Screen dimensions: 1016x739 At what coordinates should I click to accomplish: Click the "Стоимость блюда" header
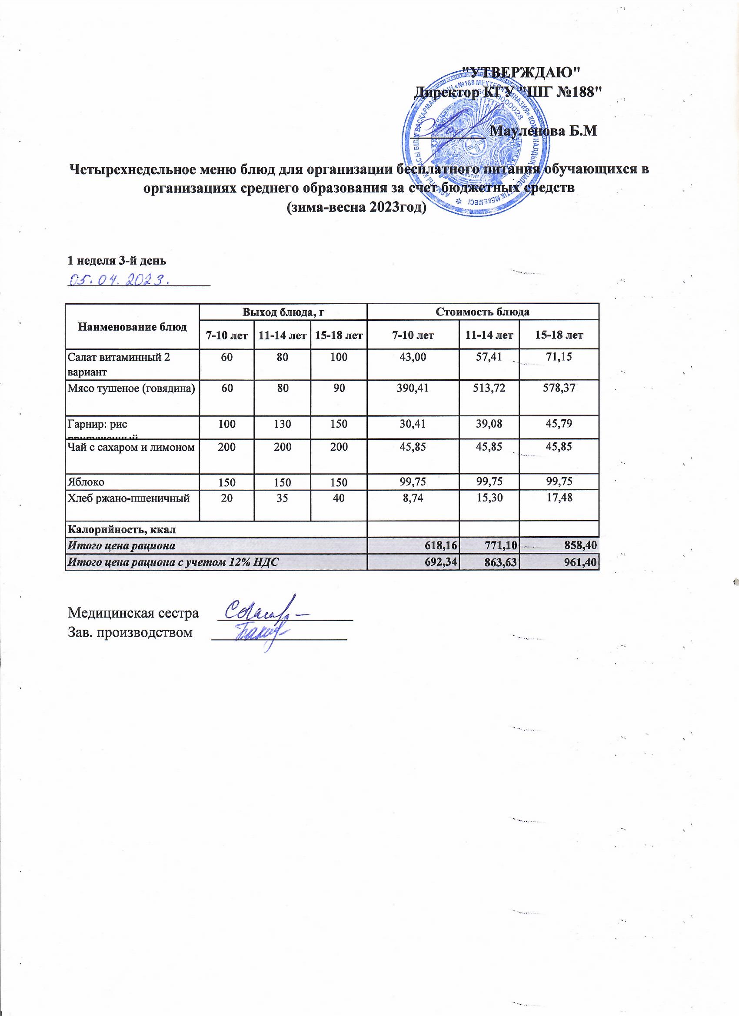coord(483,312)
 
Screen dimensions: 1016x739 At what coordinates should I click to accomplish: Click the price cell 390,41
coord(413,388)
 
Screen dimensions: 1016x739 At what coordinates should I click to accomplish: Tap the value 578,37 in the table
coord(559,388)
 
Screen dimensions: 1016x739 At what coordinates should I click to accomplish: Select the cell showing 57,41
coord(489,357)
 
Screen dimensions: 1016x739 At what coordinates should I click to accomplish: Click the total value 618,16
coord(440,546)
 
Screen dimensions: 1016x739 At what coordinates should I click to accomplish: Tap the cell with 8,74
coord(413,497)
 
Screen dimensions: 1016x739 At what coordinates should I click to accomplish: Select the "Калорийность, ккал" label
coord(121,529)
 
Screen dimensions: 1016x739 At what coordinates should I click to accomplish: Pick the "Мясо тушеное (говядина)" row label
coord(131,388)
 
